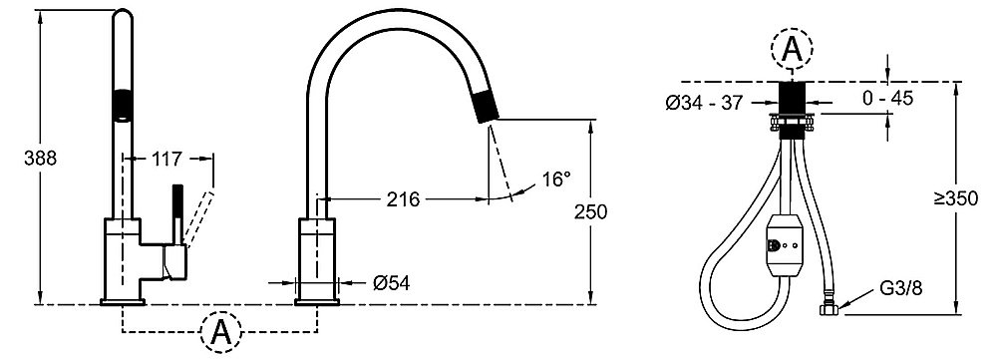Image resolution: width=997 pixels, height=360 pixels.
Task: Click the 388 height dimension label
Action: tap(40, 159)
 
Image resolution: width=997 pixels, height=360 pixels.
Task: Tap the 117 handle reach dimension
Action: tap(166, 159)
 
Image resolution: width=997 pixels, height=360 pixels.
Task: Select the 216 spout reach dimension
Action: tap(403, 199)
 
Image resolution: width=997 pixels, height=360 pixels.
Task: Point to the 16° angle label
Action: tap(557, 180)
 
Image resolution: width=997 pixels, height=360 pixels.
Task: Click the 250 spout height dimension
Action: tap(590, 211)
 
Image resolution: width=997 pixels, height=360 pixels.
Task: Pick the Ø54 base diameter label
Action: tap(392, 283)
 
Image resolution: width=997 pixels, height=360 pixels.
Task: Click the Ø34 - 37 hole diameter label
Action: tap(704, 103)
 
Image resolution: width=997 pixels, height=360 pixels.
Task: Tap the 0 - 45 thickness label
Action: tap(887, 98)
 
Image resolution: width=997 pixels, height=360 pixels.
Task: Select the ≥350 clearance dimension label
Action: tap(956, 198)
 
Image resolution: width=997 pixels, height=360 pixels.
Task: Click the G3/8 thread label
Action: tap(900, 288)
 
